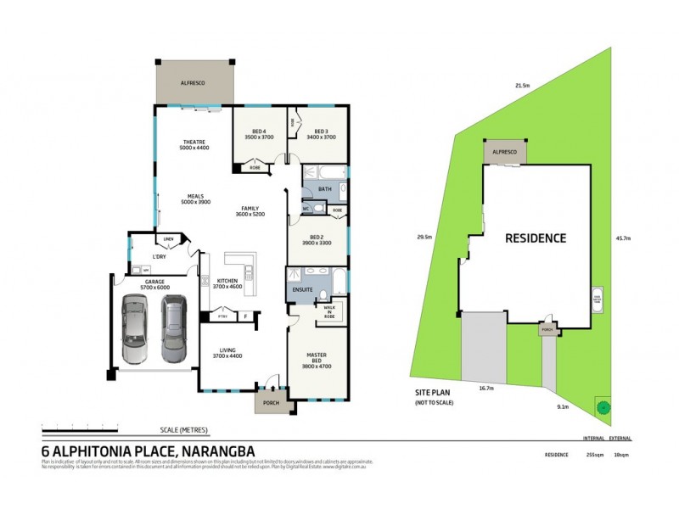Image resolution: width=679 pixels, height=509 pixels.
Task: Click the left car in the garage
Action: [x=136, y=327]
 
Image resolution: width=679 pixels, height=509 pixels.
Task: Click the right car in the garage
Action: [x=173, y=327]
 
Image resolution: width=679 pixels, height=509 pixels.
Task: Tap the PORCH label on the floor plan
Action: [x=272, y=402]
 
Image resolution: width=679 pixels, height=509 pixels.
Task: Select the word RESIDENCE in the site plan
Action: [x=536, y=238]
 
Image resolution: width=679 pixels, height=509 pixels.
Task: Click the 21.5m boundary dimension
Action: [x=522, y=86]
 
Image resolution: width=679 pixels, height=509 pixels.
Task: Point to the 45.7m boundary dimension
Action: [x=622, y=238]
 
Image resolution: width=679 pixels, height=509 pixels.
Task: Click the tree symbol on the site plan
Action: [x=603, y=406]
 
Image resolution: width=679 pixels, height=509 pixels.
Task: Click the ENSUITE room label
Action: [x=303, y=290]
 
